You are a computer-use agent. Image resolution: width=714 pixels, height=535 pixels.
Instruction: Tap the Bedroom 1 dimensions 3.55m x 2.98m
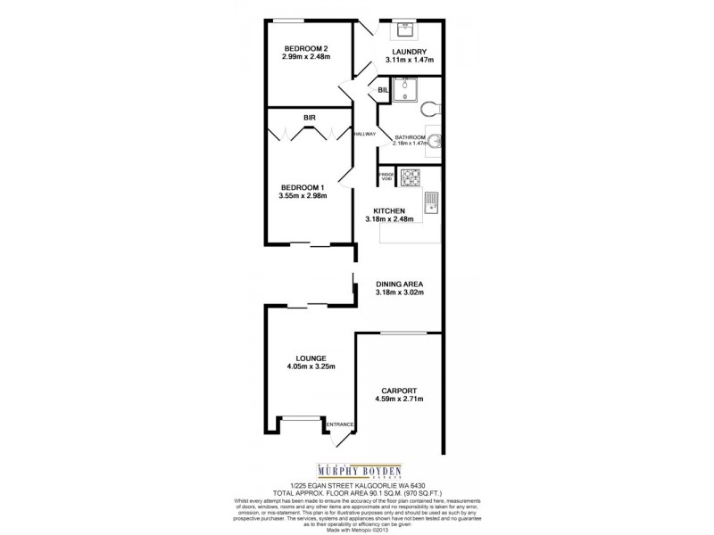306,196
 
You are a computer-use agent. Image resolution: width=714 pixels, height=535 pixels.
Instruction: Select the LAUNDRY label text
409,51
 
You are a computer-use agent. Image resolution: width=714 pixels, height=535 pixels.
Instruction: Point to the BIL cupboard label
383,91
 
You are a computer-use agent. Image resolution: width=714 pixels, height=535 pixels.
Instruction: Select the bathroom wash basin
434,142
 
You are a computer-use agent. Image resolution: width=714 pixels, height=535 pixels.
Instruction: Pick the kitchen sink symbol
429,204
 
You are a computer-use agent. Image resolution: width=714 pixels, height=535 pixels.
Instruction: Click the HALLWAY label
363,134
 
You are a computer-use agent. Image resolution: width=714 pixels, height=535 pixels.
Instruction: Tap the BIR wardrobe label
308,117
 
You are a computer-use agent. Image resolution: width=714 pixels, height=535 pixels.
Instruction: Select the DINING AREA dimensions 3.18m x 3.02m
399,292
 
